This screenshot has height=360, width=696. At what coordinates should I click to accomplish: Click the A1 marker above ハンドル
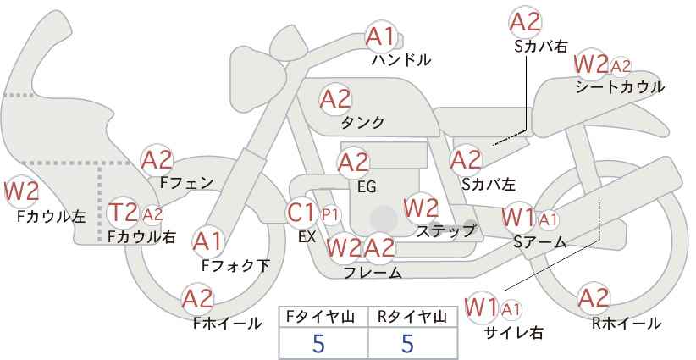click(380, 37)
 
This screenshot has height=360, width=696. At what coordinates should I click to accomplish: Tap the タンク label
click(362, 122)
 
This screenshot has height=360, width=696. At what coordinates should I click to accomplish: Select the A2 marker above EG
click(353, 163)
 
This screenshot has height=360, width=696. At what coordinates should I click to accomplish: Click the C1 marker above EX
click(301, 213)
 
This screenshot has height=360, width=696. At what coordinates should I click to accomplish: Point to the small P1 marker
click(330, 215)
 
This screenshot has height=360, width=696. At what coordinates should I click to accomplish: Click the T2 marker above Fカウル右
click(124, 213)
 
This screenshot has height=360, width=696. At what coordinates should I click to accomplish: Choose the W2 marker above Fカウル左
click(21, 191)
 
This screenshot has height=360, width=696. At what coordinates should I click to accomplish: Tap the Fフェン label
click(186, 182)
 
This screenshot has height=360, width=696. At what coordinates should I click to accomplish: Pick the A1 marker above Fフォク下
click(207, 241)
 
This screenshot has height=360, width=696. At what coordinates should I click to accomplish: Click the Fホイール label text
click(228, 324)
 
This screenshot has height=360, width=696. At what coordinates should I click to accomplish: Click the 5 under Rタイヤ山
click(407, 343)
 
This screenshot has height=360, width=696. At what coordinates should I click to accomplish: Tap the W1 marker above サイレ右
click(481, 307)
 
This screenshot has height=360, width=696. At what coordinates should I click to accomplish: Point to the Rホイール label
click(626, 324)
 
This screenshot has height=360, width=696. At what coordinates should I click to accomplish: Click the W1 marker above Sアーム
click(519, 218)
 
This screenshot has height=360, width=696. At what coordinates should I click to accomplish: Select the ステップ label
click(445, 230)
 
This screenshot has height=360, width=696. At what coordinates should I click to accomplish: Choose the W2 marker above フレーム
click(344, 247)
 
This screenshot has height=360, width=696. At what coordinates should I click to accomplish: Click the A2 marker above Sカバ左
click(466, 160)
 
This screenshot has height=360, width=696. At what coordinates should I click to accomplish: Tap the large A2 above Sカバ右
click(526, 22)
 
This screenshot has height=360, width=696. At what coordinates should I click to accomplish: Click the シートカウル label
click(620, 87)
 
